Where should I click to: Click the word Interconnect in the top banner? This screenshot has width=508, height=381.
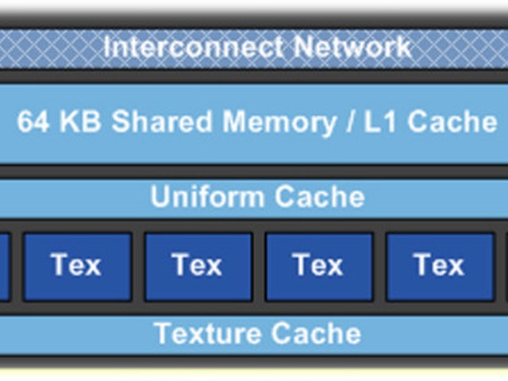pyautogui.click(x=194, y=48)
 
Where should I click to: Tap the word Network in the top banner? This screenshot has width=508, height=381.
pyautogui.click(x=352, y=48)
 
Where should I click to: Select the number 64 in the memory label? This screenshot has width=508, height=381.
pyautogui.click(x=33, y=121)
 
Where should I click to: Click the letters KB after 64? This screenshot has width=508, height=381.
pyautogui.click(x=80, y=121)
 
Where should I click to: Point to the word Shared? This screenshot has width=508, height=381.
pyautogui.click(x=161, y=121)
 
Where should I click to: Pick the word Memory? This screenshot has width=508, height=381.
pyautogui.click(x=279, y=123)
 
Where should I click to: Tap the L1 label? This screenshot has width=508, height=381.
pyautogui.click(x=379, y=121)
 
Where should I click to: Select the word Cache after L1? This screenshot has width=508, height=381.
pyautogui.click(x=452, y=121)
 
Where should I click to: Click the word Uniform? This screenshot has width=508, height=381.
pyautogui.click(x=207, y=196)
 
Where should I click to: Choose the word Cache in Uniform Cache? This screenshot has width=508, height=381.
pyautogui.click(x=319, y=196)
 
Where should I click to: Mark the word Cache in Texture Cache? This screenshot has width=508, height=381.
pyautogui.click(x=316, y=333)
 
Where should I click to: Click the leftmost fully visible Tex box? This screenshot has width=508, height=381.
pyautogui.click(x=78, y=267)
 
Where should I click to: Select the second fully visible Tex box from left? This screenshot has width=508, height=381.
pyautogui.click(x=198, y=267)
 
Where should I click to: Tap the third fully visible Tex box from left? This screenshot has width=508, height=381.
pyautogui.click(x=319, y=267)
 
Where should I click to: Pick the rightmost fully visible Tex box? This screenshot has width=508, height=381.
pyautogui.click(x=440, y=267)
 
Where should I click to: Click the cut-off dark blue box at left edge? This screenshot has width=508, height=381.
pyautogui.click(x=5, y=267)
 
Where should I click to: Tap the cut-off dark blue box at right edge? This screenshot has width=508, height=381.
pyautogui.click(x=506, y=267)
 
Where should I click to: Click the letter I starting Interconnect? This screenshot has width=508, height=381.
pyautogui.click(x=106, y=48)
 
